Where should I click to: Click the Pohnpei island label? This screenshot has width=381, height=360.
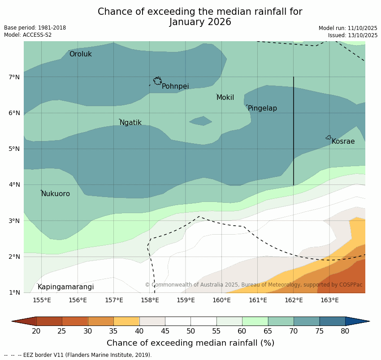click(x=175, y=86)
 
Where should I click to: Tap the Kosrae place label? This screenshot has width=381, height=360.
click(x=343, y=141)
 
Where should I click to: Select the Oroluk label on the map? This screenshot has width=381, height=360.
click(x=80, y=54)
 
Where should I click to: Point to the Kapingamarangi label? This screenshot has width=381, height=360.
click(x=65, y=287)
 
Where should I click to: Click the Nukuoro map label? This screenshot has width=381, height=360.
click(x=55, y=194)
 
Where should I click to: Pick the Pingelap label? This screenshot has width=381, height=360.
click(x=262, y=108)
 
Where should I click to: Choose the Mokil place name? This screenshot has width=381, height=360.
click(x=225, y=98)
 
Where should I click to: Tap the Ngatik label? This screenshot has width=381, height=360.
click(x=130, y=123)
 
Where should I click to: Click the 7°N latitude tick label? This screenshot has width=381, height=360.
click(x=14, y=77)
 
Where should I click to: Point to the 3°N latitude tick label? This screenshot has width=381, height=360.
click(x=14, y=221)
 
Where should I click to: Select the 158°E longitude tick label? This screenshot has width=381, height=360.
click(x=150, y=300)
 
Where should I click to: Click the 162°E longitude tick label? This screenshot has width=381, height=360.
click(x=294, y=300)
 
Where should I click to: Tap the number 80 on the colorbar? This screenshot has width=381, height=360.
click(x=345, y=331)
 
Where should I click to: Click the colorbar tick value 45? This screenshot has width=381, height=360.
click(x=165, y=331)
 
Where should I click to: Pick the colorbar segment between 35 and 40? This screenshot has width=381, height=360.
click(x=126, y=321)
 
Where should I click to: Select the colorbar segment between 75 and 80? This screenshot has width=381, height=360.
click(x=332, y=321)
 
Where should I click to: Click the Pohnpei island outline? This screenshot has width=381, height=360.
click(x=157, y=81)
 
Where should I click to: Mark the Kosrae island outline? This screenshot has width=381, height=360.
click(x=329, y=137)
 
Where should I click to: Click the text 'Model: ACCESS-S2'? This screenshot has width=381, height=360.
click(x=28, y=35)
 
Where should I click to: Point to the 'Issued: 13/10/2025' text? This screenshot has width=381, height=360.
click(x=352, y=35)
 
